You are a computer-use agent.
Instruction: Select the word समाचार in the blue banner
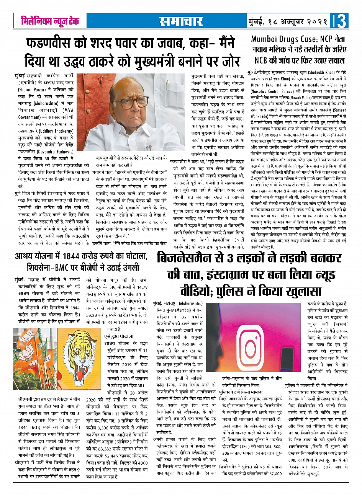181,21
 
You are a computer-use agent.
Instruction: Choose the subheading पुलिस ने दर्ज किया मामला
241,392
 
